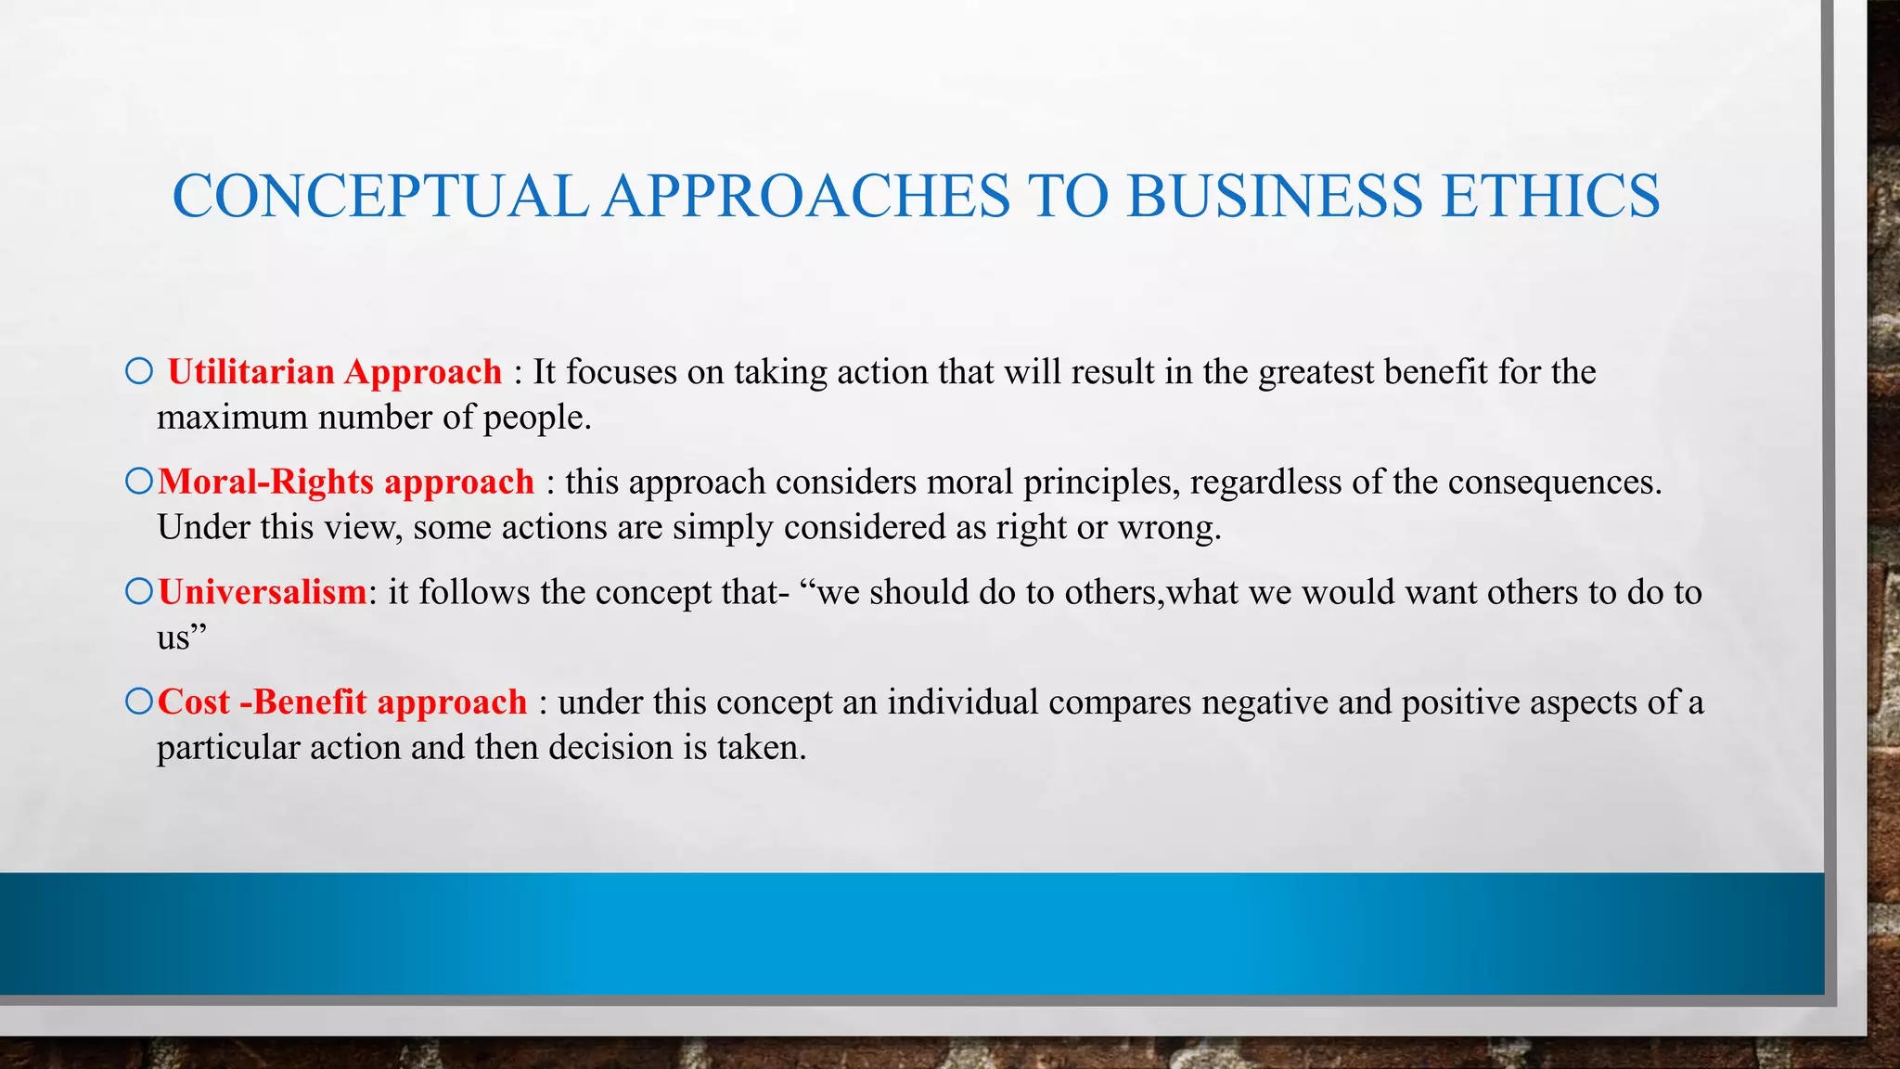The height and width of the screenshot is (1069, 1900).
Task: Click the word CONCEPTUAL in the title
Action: pos(380,196)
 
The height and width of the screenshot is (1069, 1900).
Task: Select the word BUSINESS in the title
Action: pos(1273,196)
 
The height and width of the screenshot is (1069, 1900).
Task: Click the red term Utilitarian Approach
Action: pos(335,372)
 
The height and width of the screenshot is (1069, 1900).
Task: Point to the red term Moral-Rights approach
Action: pos(346,483)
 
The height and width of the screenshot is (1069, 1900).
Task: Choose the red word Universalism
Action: pos(263,592)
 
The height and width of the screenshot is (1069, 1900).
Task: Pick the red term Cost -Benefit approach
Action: pos(342,702)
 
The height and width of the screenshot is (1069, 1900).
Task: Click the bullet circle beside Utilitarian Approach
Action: pos(139,372)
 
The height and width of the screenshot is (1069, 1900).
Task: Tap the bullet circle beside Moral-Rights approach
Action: pos(139,482)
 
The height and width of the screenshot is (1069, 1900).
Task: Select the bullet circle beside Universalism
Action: pos(139,592)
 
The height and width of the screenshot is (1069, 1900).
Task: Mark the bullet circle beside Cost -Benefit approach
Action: pos(139,702)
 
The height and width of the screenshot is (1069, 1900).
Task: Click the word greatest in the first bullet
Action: pos(1316,373)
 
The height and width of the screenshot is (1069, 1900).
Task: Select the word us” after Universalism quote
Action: pos(180,638)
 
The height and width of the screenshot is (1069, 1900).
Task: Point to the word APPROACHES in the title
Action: pos(807,196)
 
